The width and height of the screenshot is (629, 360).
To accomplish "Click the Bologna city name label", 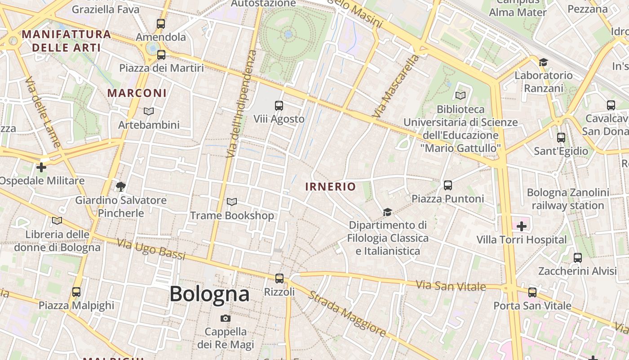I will [209, 294].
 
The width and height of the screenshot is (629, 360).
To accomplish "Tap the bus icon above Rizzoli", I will [279, 279].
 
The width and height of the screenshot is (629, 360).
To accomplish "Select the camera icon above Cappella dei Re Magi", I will [226, 319].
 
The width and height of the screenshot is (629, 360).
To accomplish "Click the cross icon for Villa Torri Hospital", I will [522, 226].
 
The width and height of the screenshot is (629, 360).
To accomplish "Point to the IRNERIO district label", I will [331, 187].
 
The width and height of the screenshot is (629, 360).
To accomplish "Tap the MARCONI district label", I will [137, 93].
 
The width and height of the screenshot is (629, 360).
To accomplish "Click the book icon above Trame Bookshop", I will [232, 202].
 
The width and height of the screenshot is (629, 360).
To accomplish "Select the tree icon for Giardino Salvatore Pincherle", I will [120, 186].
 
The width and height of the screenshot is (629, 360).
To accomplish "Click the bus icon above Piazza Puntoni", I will [447, 185].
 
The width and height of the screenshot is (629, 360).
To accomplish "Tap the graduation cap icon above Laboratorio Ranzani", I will [544, 62].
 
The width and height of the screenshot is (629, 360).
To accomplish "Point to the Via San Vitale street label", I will [451, 286].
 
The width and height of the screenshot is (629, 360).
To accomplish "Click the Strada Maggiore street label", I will [347, 314].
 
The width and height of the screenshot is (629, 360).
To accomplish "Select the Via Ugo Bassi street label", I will [151, 250].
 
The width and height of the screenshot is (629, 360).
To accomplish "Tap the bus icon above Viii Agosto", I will [279, 106].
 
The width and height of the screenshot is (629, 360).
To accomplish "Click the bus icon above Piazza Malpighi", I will [76, 292].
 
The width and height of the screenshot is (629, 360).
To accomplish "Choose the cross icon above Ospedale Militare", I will [41, 167].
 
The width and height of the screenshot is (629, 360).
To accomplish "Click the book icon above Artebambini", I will [149, 111].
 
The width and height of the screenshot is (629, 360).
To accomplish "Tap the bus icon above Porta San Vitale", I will [532, 292].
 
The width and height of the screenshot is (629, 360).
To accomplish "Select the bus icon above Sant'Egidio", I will [561, 138].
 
